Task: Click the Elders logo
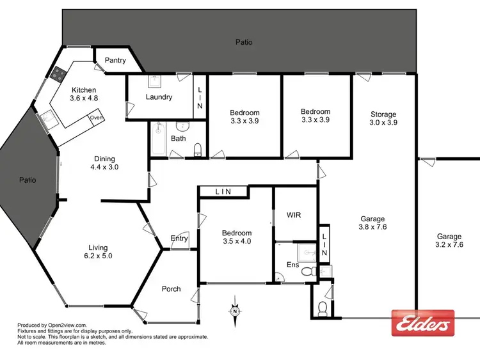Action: coord(422,323)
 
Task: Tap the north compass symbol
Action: coord(235,311)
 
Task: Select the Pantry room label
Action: coord(115,61)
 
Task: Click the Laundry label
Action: coord(159,97)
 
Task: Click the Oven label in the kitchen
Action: coord(96,118)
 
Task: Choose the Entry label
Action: coord(179,239)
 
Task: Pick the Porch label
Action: coord(171,289)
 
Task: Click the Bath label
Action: coord(178,138)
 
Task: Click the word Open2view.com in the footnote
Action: coord(67,325)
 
